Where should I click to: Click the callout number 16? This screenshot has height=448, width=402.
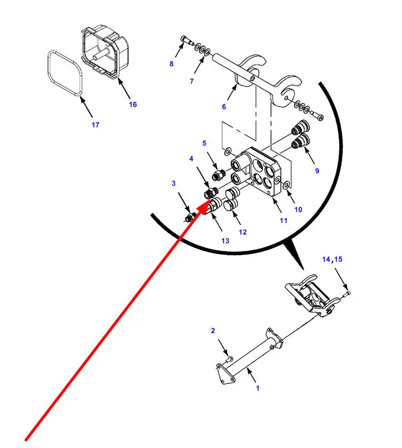[133, 104]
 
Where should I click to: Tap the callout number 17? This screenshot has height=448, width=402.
[96, 125]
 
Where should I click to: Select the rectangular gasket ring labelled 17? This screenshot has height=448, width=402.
[65, 73]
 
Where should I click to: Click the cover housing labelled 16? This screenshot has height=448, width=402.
[105, 52]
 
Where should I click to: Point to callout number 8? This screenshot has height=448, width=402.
[171, 64]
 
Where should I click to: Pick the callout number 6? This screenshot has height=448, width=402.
[224, 107]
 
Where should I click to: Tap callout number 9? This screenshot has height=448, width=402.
[317, 171]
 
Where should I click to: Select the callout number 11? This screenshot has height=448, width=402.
[284, 221]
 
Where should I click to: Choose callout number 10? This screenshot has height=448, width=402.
[298, 210]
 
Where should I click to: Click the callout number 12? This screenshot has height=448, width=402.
[243, 232]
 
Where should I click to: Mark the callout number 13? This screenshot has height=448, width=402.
[225, 241]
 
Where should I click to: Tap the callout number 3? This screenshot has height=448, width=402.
[173, 183]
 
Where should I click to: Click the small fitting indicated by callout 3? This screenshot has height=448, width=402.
[190, 218]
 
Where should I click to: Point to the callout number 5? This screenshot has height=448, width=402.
[204, 143]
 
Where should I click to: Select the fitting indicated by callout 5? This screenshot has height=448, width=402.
[219, 175]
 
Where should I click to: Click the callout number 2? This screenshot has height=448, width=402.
[213, 331]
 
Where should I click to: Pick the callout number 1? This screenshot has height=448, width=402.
[258, 389]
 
